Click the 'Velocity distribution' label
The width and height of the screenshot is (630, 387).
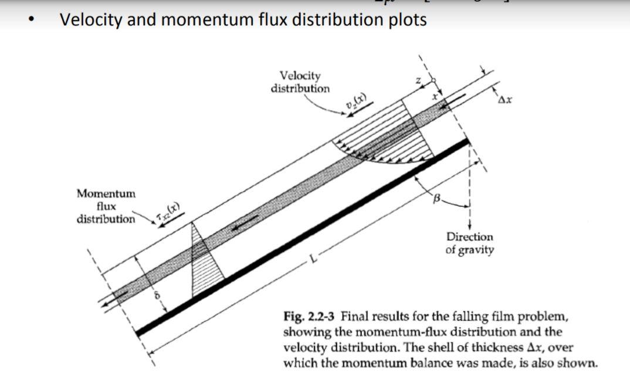pos(300,82)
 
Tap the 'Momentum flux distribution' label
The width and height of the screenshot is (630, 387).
pos(106,206)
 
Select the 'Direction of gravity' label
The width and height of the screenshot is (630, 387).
pos(470,243)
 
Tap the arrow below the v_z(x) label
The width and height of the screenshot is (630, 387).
pos(355,113)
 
